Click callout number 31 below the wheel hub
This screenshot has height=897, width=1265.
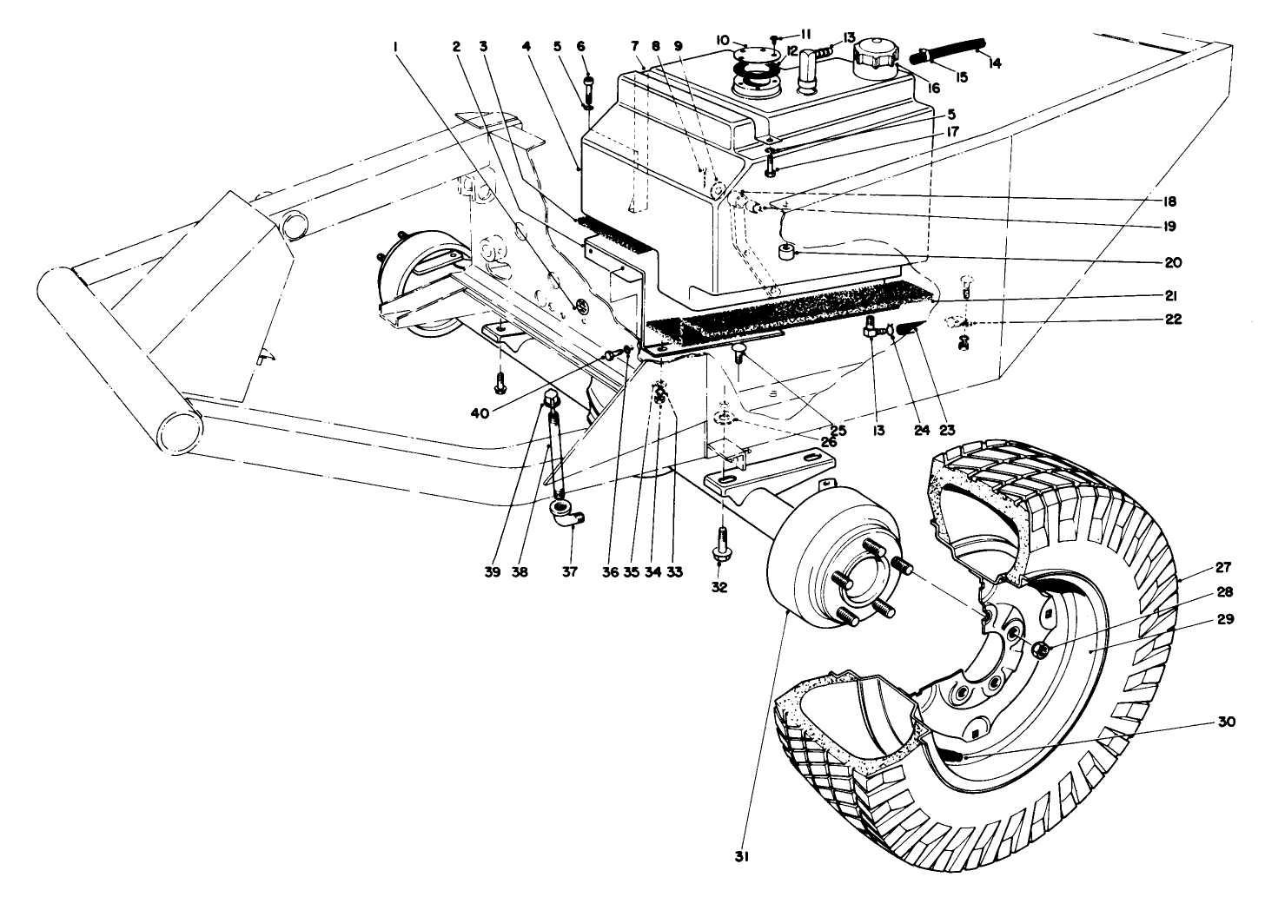point(739,855)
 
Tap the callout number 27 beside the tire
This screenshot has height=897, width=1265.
point(1222,569)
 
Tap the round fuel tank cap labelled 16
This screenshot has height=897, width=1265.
point(880,59)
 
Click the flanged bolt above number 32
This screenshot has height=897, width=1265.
point(721,545)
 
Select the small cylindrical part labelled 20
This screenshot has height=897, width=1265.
point(788,253)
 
